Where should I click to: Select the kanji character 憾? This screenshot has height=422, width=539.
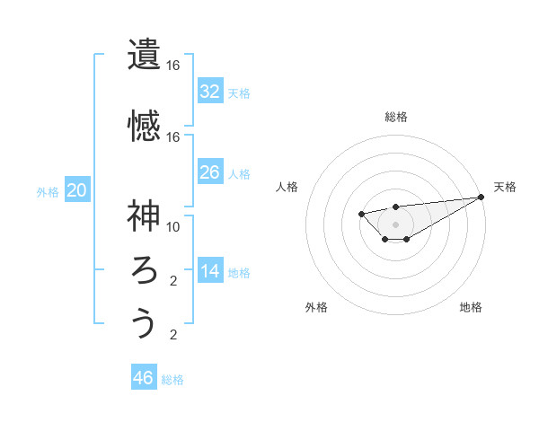click(x=144, y=125)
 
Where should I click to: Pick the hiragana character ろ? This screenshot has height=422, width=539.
click(x=144, y=269)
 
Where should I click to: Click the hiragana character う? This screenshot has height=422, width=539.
click(x=144, y=323)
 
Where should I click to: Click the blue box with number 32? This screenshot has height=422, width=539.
click(x=210, y=91)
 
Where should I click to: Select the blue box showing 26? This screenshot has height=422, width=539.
click(x=210, y=171)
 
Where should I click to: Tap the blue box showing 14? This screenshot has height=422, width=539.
click(x=210, y=271)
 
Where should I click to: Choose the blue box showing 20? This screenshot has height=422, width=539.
click(x=77, y=189)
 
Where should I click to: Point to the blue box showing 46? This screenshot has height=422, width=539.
click(x=144, y=377)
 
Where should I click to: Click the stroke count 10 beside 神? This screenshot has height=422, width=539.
click(x=173, y=226)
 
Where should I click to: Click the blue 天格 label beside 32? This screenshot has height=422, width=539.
click(x=238, y=92)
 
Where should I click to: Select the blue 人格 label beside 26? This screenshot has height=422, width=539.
click(x=238, y=173)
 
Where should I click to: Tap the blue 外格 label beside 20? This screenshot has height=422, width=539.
click(x=48, y=191)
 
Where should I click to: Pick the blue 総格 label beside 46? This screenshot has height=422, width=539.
click(x=172, y=379)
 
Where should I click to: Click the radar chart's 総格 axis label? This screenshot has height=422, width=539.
click(x=396, y=117)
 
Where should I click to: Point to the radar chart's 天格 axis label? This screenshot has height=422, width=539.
click(x=506, y=187)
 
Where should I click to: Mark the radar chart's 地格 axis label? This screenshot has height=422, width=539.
click(x=471, y=307)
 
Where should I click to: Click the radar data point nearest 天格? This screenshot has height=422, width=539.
click(x=482, y=197)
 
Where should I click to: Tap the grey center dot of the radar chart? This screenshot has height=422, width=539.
click(x=395, y=224)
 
